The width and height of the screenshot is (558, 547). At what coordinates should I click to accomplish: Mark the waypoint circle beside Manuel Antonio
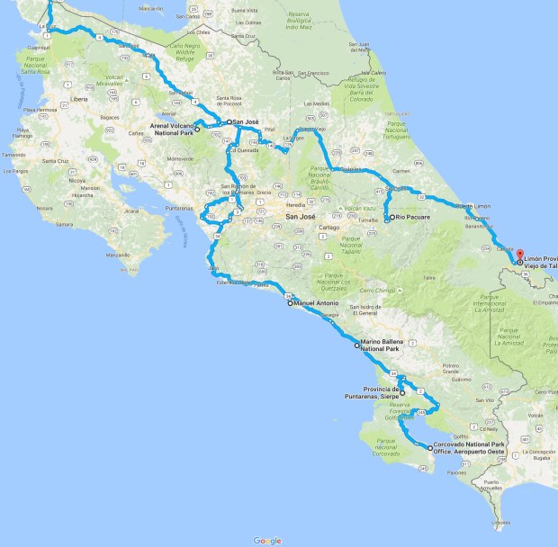(290, 304)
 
